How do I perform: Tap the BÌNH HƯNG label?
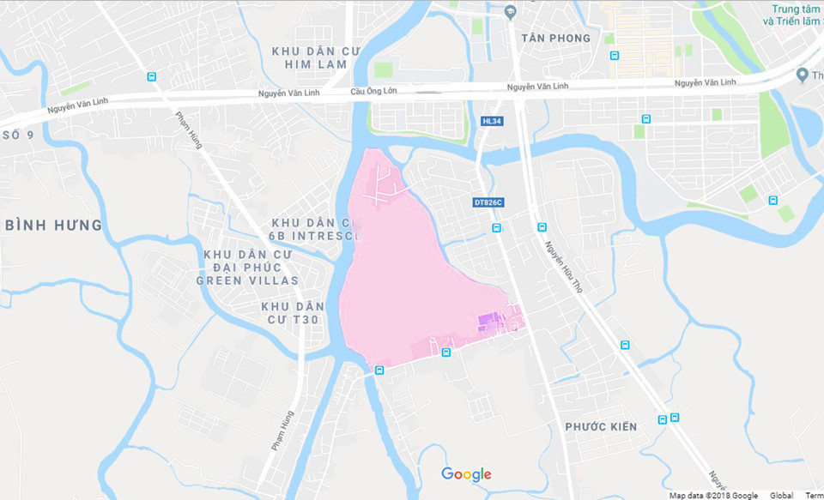(53, 226)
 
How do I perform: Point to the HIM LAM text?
(318, 64)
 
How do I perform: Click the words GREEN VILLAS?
(247, 280)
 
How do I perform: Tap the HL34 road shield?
(492, 122)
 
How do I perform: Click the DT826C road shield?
(488, 203)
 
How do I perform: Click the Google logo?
(466, 474)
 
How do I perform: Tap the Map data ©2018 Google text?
(713, 495)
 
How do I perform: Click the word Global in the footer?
(781, 495)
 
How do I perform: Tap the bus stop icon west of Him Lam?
(151, 76)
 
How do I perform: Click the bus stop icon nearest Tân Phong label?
(615, 56)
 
